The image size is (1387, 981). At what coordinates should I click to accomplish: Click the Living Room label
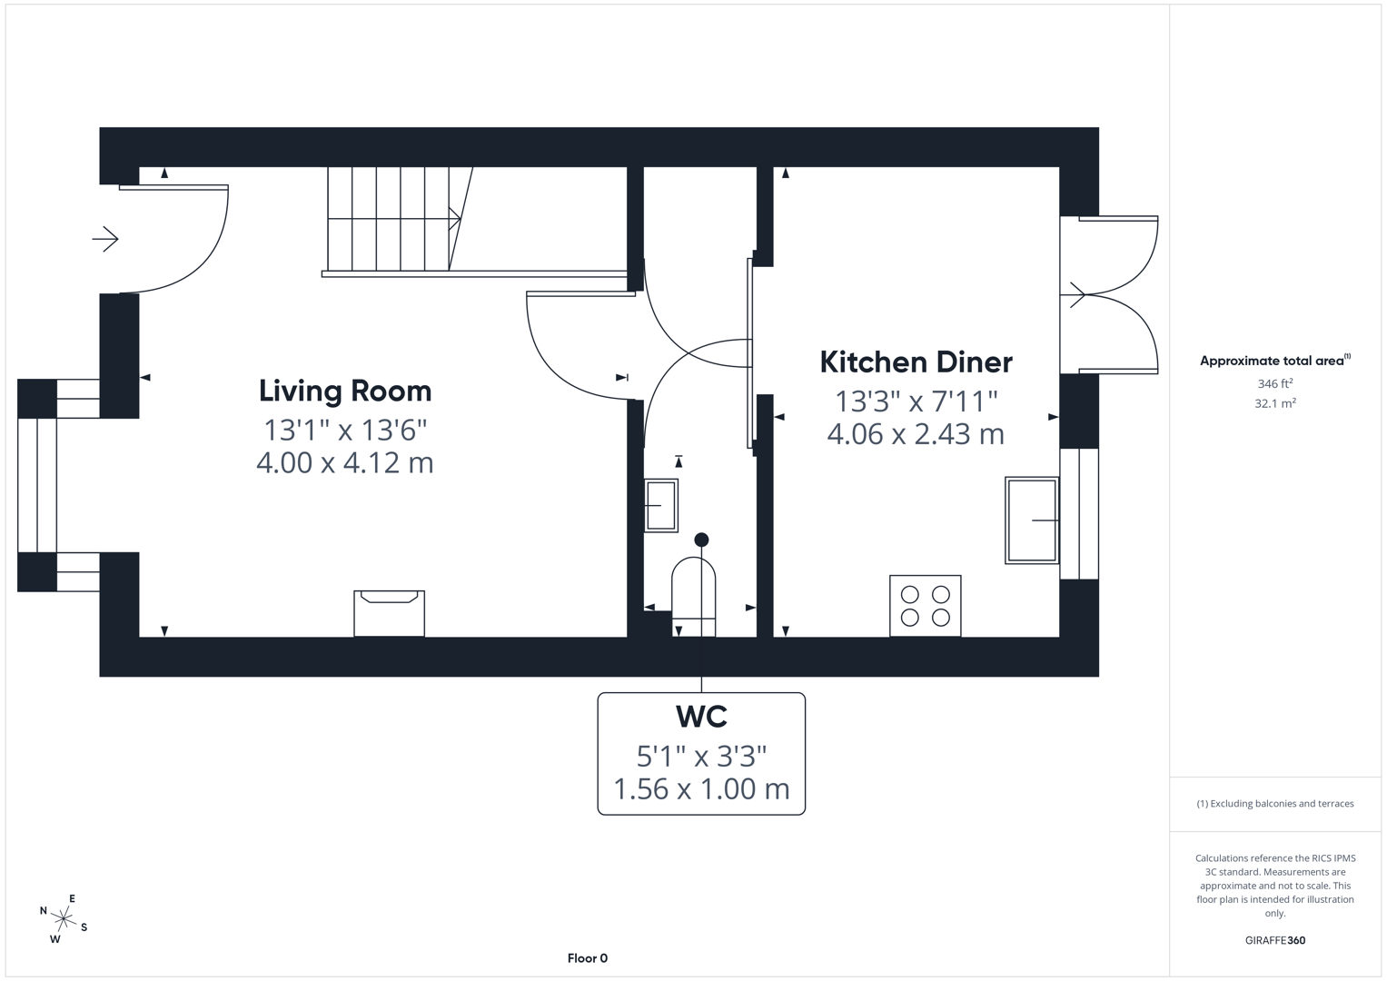pos(345,391)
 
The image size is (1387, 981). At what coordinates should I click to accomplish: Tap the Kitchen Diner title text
pos(916,362)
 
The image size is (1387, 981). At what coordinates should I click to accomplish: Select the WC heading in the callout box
pos(701,717)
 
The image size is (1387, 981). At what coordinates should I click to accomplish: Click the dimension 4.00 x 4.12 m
pos(345,463)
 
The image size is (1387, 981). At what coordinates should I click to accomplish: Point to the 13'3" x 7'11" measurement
pos(916,401)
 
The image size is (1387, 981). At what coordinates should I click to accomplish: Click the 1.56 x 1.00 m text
pos(701,788)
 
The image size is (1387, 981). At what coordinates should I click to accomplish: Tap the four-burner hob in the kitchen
pos(926,606)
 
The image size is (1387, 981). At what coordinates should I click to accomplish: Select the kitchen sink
pos(1032,520)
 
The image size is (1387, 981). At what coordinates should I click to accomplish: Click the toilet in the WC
pos(693,595)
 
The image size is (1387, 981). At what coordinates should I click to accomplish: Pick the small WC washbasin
pos(661,505)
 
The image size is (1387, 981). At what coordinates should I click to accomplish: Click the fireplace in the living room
pos(389,613)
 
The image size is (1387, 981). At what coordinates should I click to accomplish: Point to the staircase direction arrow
pos(453,218)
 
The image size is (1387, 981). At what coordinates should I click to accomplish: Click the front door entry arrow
pos(105,240)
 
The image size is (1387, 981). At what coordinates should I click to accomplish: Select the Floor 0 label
pos(587,958)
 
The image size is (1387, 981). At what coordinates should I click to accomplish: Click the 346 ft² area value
pos(1274,384)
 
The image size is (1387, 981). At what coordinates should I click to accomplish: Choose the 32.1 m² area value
pos(1274,403)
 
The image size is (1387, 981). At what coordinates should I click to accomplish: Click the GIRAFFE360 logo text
pos(1274,940)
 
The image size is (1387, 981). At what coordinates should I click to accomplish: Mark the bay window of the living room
pos(37,485)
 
